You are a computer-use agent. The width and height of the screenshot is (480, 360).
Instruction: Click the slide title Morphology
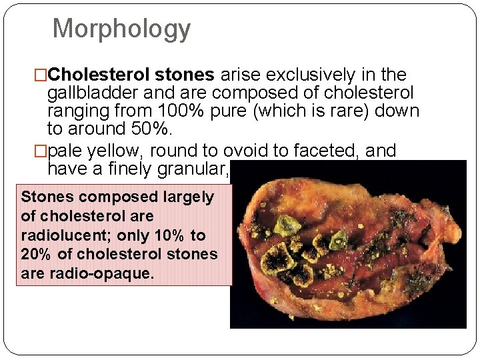click(x=121, y=29)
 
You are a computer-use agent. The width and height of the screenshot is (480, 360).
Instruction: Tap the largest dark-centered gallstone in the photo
click(x=279, y=259)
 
